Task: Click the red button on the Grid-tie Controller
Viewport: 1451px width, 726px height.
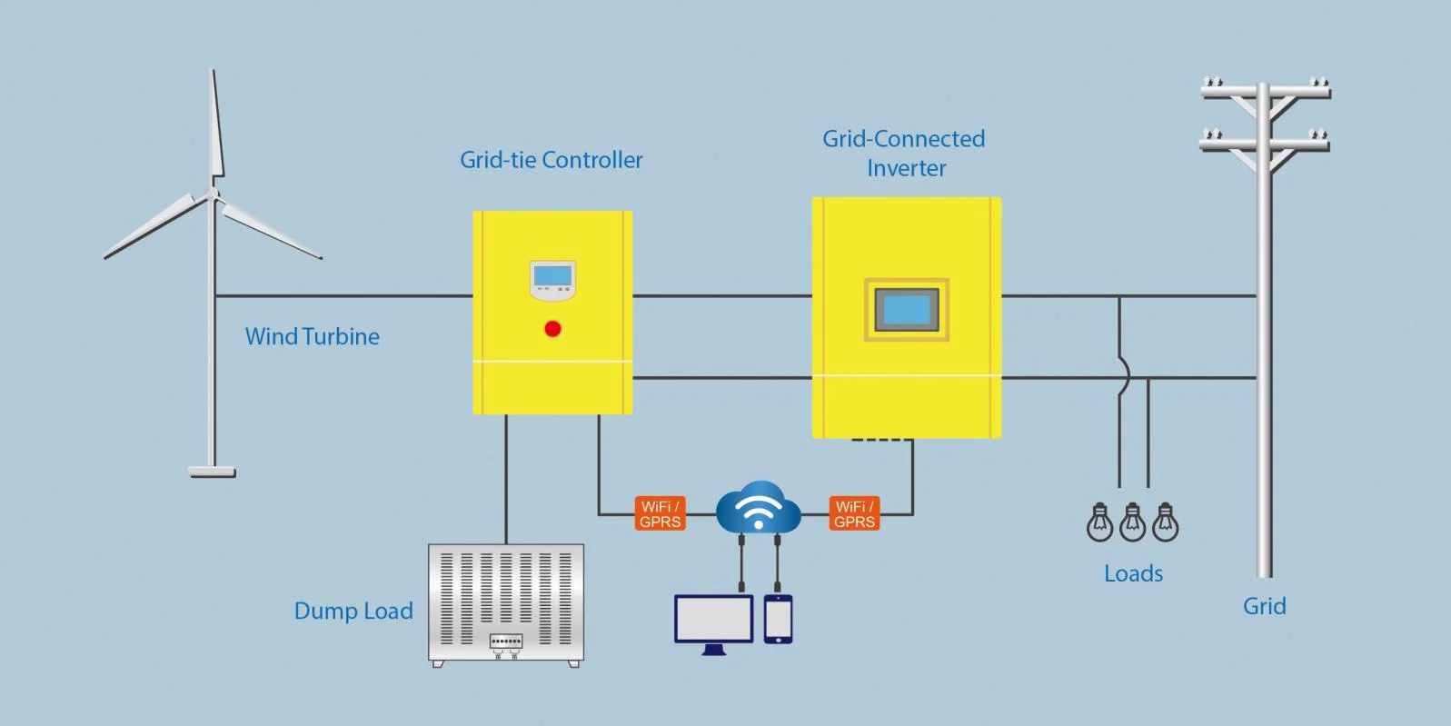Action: click(552, 329)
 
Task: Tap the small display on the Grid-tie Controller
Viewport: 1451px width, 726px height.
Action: click(552, 276)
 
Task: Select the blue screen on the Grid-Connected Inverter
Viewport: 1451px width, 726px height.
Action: click(907, 310)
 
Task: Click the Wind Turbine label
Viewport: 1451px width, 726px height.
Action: click(313, 336)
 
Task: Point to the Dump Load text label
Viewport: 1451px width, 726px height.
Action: click(353, 611)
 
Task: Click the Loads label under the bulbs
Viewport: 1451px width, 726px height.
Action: click(1133, 573)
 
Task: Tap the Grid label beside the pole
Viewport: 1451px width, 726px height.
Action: click(1264, 606)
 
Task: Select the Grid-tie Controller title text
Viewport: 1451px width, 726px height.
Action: click(551, 160)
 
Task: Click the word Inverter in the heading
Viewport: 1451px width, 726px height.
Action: click(906, 168)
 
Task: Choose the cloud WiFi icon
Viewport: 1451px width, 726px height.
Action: click(759, 509)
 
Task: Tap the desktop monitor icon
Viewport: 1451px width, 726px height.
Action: click(714, 620)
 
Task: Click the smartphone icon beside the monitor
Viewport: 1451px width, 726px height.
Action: click(778, 619)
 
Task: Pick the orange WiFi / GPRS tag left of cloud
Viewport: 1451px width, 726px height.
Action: click(660, 513)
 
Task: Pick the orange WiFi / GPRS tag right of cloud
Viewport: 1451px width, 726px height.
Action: click(854, 513)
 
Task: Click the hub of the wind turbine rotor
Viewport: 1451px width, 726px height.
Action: click(213, 194)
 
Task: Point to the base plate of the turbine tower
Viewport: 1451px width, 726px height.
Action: click(212, 472)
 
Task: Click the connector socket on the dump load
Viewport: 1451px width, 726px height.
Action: click(506, 641)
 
